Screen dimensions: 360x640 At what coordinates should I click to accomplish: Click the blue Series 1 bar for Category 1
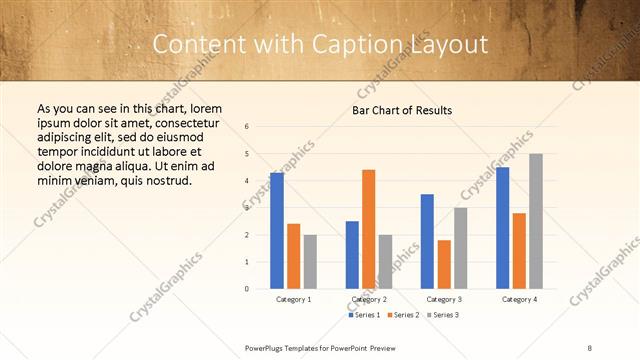tap(277, 231)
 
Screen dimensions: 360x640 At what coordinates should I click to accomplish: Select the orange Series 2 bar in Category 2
tap(368, 229)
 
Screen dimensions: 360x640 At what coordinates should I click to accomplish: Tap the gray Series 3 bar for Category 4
tap(536, 221)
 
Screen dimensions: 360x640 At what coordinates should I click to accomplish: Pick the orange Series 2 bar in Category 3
tap(444, 264)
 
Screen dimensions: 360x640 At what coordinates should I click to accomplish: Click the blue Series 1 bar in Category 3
tap(427, 241)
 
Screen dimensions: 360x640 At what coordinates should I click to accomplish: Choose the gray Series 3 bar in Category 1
tap(310, 262)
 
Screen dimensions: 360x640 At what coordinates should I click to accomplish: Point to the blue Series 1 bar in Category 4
tap(503, 228)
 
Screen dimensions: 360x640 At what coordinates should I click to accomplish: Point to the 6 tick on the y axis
tap(247, 127)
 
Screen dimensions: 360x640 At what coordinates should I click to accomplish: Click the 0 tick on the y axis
tap(247, 289)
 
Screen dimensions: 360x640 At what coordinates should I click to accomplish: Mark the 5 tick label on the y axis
tap(247, 154)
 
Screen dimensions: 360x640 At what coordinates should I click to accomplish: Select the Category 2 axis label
tap(369, 299)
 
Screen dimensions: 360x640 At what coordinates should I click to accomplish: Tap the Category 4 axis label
tap(519, 299)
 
